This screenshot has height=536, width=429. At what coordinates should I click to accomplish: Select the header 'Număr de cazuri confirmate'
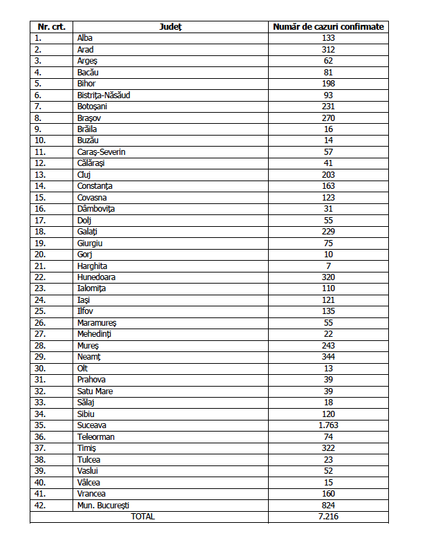point(328,27)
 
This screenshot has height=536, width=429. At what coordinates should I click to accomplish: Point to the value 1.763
point(328,425)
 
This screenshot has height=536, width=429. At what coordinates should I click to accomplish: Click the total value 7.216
point(328,516)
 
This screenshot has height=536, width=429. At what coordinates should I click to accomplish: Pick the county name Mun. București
point(104,505)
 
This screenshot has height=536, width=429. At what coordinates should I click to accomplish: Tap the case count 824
point(328,505)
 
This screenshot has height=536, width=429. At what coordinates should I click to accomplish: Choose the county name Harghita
point(93,266)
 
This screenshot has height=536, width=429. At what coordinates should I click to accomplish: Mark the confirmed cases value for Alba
point(328,38)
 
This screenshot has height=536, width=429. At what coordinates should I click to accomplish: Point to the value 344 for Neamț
point(328,357)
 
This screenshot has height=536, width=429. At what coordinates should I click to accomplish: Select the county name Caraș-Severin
point(102,152)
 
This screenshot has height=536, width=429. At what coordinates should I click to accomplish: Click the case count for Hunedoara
point(328,277)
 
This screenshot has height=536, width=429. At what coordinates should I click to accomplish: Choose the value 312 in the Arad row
point(328,50)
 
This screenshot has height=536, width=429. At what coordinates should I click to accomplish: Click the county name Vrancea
point(92,493)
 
